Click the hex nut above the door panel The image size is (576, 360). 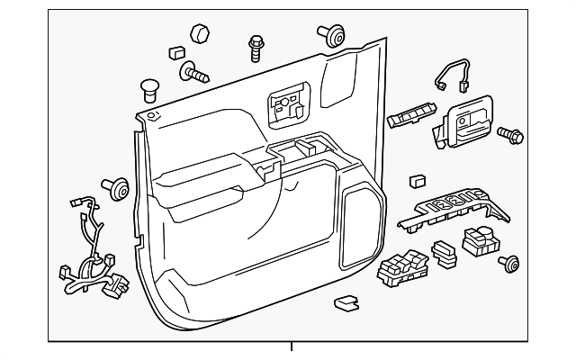(202, 34)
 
